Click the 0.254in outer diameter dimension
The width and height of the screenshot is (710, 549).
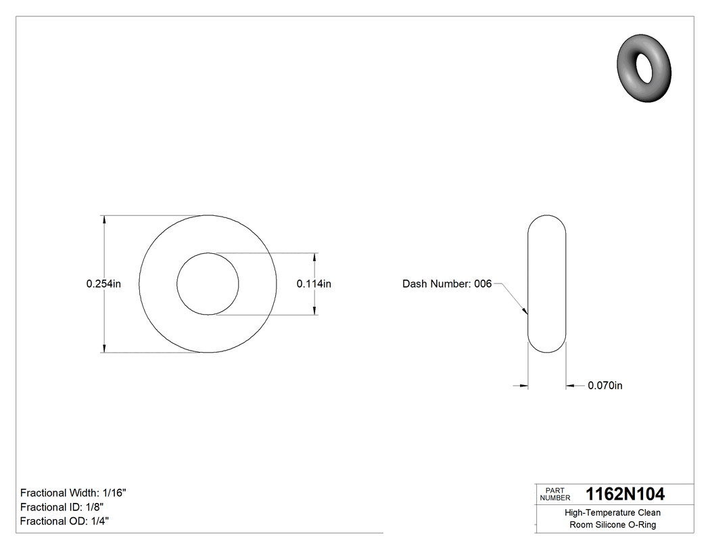103,284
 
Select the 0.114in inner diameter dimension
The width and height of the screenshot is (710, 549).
314,284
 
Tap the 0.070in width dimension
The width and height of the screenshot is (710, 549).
605,386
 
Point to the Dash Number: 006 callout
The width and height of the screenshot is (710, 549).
447,284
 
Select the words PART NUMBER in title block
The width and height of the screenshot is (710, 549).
554,494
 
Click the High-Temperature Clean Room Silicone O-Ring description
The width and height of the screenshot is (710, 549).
613,519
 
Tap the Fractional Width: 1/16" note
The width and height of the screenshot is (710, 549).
73,493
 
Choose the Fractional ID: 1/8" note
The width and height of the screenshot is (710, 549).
62,507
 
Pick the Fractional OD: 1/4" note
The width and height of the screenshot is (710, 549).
64,521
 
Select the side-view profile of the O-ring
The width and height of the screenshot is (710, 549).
546,284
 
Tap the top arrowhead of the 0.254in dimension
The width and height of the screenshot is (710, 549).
103,219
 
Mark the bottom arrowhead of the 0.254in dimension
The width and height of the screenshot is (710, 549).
103,349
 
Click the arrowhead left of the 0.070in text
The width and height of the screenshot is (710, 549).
569,386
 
